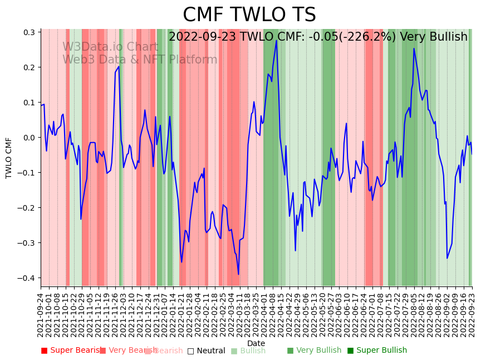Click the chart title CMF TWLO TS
[249, 15]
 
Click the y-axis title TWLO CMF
[9, 158]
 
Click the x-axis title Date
[256, 343]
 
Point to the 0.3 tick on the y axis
[28, 32]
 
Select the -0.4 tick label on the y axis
[27, 278]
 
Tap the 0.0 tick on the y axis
[28, 138]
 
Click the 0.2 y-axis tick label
[28, 67]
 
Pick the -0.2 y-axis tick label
[27, 208]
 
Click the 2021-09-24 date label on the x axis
[41, 315]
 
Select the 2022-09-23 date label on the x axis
[473, 315]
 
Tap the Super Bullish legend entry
[381, 351]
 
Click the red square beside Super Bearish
[45, 351]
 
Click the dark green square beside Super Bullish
[350, 351]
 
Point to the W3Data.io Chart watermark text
[110, 47]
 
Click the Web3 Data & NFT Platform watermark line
[140, 60]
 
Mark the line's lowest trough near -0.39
[238, 274]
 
